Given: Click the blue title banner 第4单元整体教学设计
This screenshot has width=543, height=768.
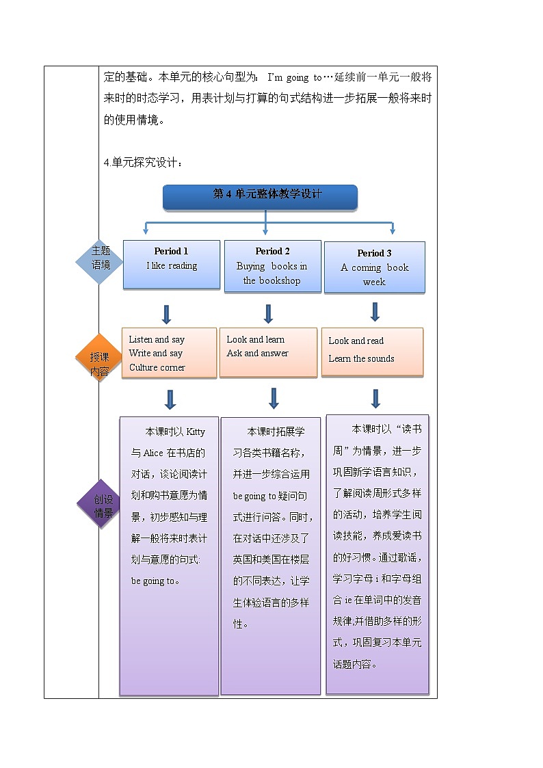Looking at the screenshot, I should pyautogui.click(x=260, y=196).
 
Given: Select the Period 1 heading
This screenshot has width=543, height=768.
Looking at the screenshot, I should pyautogui.click(x=171, y=251).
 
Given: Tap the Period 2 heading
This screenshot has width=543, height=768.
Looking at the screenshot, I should pyautogui.click(x=272, y=251).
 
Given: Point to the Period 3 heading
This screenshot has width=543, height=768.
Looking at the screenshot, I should pyautogui.click(x=374, y=253).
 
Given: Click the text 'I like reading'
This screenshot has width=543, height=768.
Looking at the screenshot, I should pyautogui.click(x=172, y=266).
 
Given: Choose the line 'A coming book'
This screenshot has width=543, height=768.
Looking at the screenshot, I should pyautogui.click(x=374, y=267).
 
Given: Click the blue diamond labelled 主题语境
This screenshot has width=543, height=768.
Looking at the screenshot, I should pyautogui.click(x=101, y=259).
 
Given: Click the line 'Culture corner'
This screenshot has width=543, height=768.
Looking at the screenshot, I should pyautogui.click(x=157, y=367).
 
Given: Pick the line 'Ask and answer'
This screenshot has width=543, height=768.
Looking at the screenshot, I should pyautogui.click(x=257, y=354).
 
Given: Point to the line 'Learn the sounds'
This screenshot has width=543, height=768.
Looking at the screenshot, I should pyautogui.click(x=361, y=358).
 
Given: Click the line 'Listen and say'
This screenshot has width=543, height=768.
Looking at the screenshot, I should pyautogui.click(x=157, y=339).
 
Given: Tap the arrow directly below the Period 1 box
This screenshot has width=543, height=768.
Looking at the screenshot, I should pyautogui.click(x=166, y=315).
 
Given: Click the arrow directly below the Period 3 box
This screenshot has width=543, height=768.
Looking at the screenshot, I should pyautogui.click(x=375, y=312).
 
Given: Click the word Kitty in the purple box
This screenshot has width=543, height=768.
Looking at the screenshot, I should pyautogui.click(x=195, y=432).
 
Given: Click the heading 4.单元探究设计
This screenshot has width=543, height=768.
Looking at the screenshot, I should pyautogui.click(x=143, y=162).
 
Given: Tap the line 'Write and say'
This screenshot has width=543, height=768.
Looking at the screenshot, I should pyautogui.click(x=155, y=354).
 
